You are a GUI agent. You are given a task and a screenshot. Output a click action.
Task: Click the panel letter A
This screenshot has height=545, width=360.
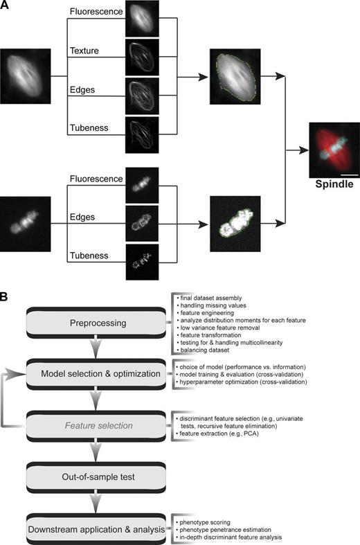[6, 7]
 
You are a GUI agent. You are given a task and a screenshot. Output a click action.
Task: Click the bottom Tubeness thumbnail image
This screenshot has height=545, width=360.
[142, 262]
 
